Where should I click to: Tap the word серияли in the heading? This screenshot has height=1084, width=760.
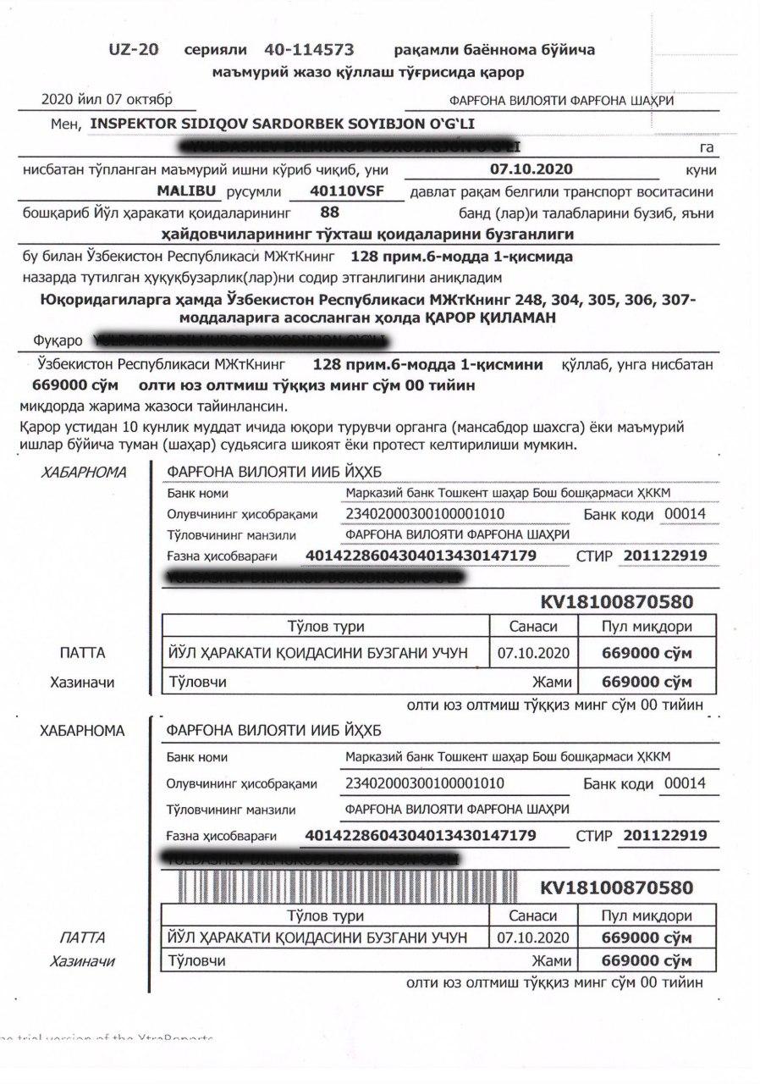216,50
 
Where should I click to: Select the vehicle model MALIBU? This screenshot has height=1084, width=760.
187,191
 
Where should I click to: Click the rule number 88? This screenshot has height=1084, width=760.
330,213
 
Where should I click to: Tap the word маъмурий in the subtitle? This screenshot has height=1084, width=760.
249,73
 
